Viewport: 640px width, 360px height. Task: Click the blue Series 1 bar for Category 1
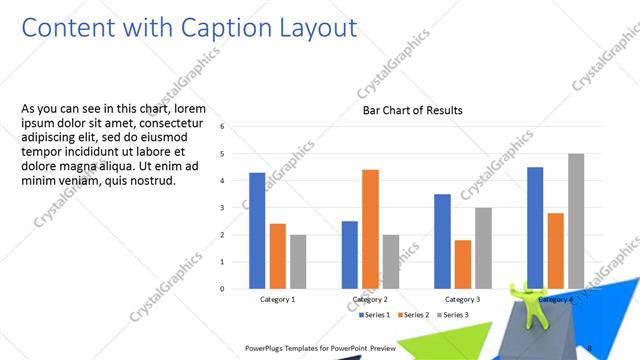point(257,230)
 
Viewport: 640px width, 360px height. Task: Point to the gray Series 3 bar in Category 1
point(299,261)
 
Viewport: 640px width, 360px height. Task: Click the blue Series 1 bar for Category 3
point(442,241)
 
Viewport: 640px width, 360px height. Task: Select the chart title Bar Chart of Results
point(412,111)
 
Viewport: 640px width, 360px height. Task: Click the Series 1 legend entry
point(375,315)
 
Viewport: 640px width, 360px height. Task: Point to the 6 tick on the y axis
point(222,127)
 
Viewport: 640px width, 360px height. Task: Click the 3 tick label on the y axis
point(222,208)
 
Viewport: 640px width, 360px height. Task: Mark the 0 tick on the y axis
point(222,289)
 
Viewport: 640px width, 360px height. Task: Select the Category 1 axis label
point(277,299)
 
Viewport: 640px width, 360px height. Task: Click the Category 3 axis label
point(461,299)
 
